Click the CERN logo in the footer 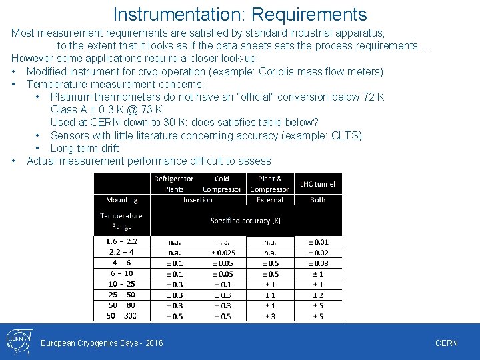click(16, 341)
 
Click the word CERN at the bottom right click(446, 343)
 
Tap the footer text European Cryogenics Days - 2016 click(102, 343)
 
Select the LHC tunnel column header click(317, 184)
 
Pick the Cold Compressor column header click(222, 184)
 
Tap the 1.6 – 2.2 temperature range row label click(121, 241)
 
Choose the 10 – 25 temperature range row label click(121, 285)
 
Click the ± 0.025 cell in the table click(222, 253)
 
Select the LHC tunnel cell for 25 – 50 click(317, 295)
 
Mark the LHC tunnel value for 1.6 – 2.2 click(317, 241)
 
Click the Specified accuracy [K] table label click(245, 220)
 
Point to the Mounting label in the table click(121, 200)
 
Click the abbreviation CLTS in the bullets click(345, 135)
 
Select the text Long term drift click(85, 148)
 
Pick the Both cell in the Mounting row click(317, 200)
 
